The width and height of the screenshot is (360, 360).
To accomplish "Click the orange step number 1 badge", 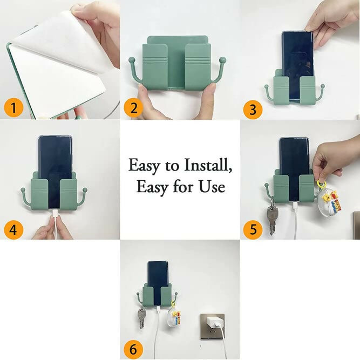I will point(13,108).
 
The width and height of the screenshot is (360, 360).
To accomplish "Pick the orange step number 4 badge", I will point(13,230).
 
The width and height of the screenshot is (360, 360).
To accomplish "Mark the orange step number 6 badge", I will point(133,349).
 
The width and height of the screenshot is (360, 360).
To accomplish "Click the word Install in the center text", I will point(207,164).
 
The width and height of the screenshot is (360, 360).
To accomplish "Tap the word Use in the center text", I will point(212,187).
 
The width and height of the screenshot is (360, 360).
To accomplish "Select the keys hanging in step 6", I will point(141,318).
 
